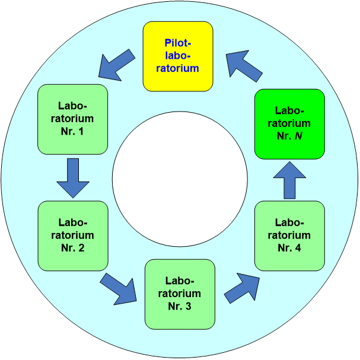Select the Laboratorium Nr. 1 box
(72, 119)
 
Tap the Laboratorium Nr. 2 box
(72, 235)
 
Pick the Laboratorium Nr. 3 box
(180, 294)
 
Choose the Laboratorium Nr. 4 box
(289, 235)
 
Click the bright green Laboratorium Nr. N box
(289, 123)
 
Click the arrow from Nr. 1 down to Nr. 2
(73, 177)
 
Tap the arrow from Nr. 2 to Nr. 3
(119, 288)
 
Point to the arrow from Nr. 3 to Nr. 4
(243, 288)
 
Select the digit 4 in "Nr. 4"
(298, 247)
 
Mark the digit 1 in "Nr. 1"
(81, 130)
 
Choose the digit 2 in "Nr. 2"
(81, 247)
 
